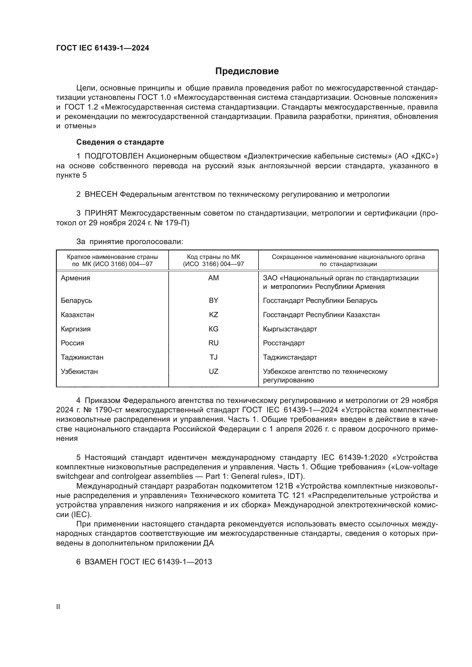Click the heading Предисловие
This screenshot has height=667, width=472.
[x=247, y=71]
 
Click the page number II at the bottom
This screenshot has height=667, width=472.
[x=58, y=607]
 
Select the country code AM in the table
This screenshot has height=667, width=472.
[x=213, y=278]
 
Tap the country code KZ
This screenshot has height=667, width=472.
[x=213, y=315]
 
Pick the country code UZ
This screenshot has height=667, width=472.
[x=213, y=371]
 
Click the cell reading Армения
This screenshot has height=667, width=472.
[x=76, y=278]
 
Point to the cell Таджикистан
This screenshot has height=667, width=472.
[x=82, y=357]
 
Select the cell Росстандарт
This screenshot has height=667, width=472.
[x=284, y=343]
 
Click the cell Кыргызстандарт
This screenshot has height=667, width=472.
[x=290, y=329]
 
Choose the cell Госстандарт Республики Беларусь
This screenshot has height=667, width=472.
[x=320, y=300]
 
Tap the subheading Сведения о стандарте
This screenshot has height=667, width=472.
[x=120, y=142]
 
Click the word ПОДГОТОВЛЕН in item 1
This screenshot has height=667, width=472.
[x=114, y=156]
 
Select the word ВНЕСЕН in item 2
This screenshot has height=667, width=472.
[x=101, y=194]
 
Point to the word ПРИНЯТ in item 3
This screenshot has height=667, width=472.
[x=101, y=213]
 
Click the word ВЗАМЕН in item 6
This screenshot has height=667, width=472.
[x=101, y=561]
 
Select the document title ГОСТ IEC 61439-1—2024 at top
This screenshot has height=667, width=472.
[x=103, y=48]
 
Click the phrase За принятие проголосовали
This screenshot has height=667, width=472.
[x=130, y=242]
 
